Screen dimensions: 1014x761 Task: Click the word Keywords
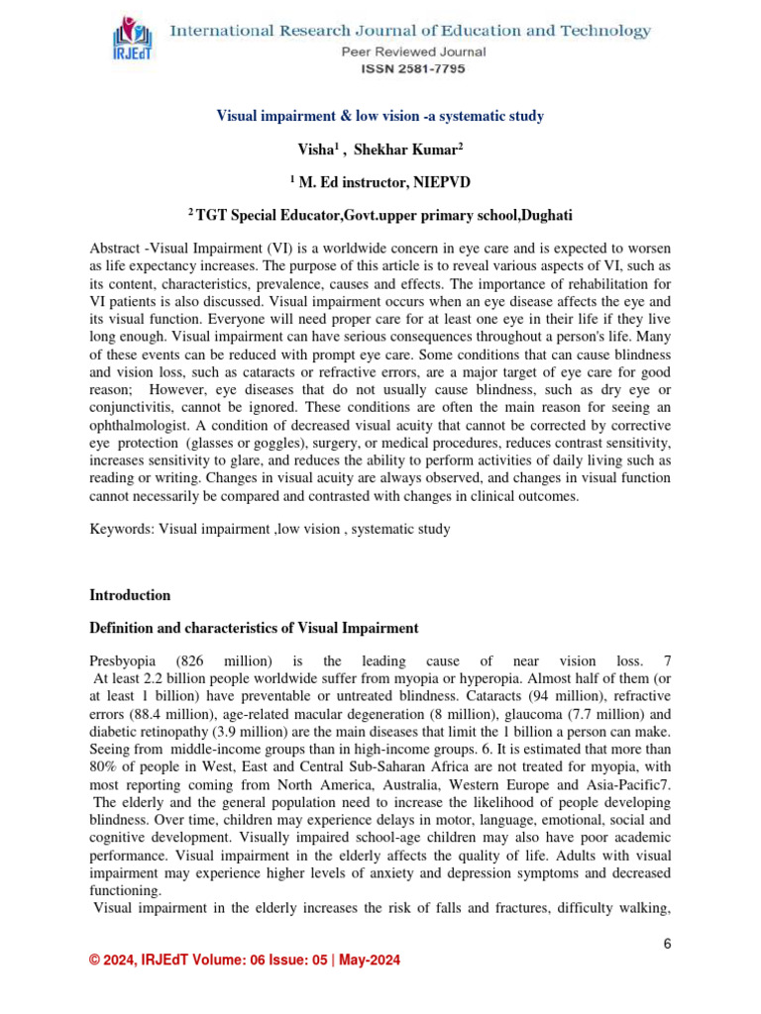click(x=119, y=529)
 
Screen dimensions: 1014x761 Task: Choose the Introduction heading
click(x=130, y=595)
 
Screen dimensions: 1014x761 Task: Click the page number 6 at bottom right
click(x=668, y=944)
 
